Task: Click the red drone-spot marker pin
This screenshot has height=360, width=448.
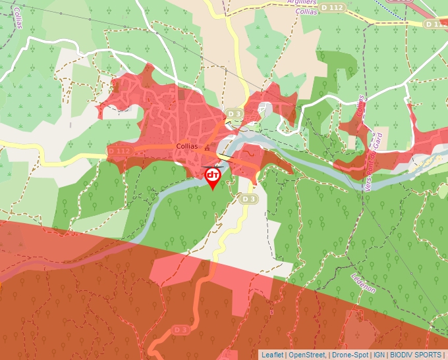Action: [213, 176]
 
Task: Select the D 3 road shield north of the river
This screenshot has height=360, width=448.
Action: [235, 114]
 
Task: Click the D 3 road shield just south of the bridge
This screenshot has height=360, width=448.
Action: [248, 198]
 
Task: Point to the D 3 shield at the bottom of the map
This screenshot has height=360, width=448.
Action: [181, 328]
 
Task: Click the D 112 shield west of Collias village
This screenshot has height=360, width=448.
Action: [119, 151]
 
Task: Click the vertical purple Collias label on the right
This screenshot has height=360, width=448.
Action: [360, 105]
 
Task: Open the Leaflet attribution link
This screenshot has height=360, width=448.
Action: [272, 355]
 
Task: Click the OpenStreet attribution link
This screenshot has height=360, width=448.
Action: [307, 355]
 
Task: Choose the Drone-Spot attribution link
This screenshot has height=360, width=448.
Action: [350, 355]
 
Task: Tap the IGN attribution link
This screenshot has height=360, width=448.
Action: [379, 355]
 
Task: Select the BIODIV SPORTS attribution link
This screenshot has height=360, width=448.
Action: [415, 355]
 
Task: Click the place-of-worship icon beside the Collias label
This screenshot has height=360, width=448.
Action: [208, 148]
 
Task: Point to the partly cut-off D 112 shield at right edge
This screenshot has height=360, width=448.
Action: [435, 24]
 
